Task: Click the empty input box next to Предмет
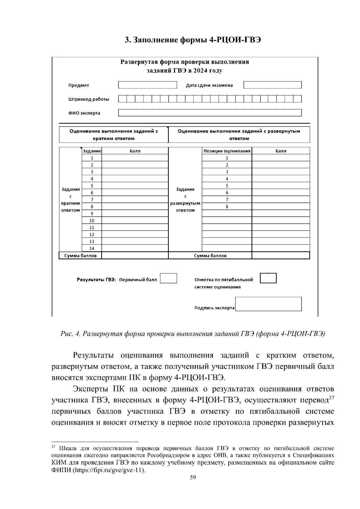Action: (148, 85)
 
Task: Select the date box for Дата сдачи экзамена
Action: (272, 85)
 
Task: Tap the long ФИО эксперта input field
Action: (210, 113)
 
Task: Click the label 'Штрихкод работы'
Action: (89, 99)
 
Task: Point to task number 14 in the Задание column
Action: (92, 248)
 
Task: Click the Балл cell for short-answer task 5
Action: (135, 186)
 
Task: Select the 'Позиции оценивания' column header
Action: (227, 151)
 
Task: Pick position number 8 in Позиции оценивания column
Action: (227, 207)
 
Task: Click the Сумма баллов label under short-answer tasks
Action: (80, 256)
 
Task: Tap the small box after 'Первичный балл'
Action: (168, 278)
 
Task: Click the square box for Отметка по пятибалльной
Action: (268, 278)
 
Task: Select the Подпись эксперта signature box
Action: (268, 304)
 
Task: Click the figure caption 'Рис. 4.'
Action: (70, 334)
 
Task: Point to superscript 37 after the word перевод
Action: (331, 398)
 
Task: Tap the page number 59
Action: (193, 478)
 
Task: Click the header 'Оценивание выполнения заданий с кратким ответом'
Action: (113, 135)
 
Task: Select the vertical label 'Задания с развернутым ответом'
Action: (185, 200)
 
